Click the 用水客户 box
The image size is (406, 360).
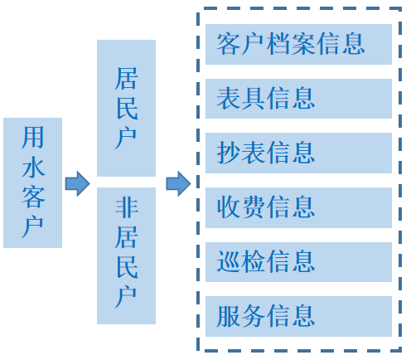click(x=32, y=182)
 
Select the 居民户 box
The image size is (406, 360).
click(x=126, y=108)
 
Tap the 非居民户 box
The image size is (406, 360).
click(x=126, y=255)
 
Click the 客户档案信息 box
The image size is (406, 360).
click(x=298, y=45)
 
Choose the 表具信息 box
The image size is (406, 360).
click(x=298, y=99)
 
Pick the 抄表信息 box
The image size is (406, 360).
click(x=298, y=153)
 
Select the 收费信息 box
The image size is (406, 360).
click(x=298, y=207)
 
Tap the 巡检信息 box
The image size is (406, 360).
click(x=298, y=262)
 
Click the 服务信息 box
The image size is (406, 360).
click(x=298, y=316)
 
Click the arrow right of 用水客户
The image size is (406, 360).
click(x=78, y=184)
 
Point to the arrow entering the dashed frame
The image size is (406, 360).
click(x=178, y=184)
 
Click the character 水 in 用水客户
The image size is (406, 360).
click(x=33, y=168)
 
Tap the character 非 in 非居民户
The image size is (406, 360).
click(x=127, y=207)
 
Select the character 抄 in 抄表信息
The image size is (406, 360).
click(x=228, y=153)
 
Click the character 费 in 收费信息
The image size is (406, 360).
click(x=254, y=207)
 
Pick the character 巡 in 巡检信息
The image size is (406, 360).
click(x=228, y=261)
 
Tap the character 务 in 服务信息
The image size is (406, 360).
click(x=254, y=316)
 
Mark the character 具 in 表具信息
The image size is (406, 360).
click(x=254, y=99)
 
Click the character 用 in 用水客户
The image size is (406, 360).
click(x=33, y=137)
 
